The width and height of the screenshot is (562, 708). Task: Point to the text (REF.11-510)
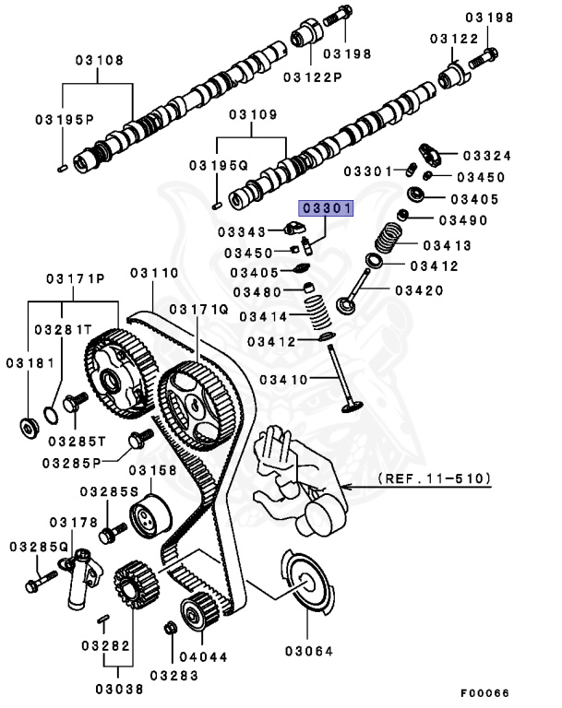pyautogui.click(x=434, y=480)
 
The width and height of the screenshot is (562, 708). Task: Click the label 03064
pyautogui.click(x=309, y=650)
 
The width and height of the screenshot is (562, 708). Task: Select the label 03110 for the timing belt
pyautogui.click(x=154, y=273)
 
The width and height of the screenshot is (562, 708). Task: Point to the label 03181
pyautogui.click(x=28, y=364)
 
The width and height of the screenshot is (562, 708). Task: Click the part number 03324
pyautogui.click(x=486, y=156)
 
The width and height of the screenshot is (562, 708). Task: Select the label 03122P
pyautogui.click(x=312, y=76)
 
